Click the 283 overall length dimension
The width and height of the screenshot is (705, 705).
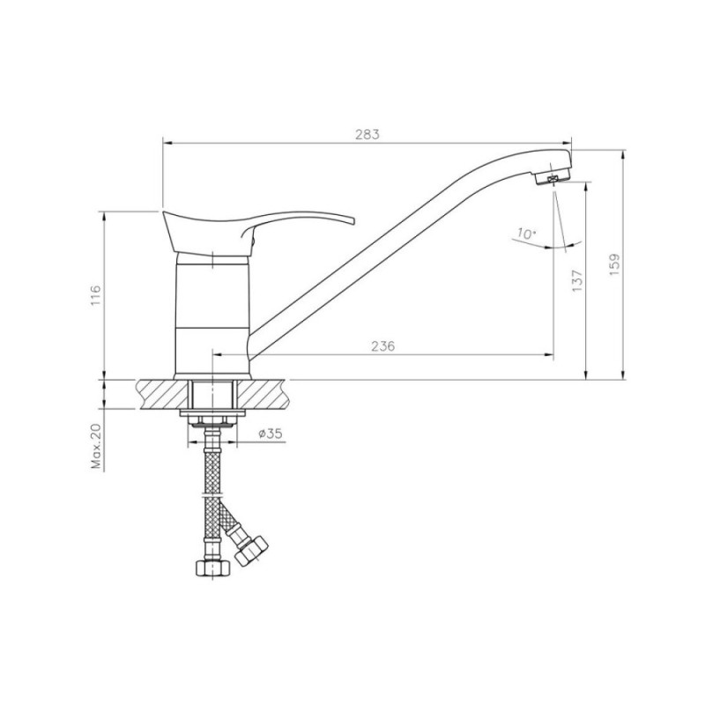(367, 135)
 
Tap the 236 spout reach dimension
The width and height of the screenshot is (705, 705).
(383, 345)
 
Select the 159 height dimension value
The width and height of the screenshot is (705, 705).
(614, 265)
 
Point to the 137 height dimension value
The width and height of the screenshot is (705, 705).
(578, 281)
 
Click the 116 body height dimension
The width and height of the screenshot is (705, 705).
(96, 295)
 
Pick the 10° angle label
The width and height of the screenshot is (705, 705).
(526, 234)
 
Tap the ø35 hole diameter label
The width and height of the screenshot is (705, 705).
(271, 434)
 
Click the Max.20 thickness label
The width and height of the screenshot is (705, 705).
(97, 446)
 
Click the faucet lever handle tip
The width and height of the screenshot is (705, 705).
(353, 221)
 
